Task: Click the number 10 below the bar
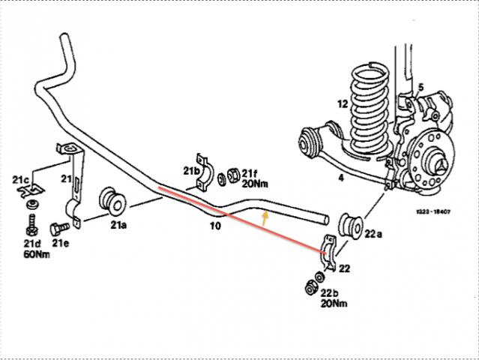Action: point(215,223)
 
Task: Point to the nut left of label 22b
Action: point(310,286)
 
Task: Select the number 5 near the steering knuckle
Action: point(421,87)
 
